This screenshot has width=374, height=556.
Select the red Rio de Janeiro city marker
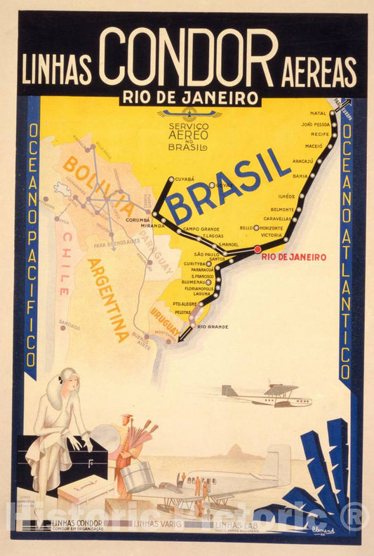coord(258,249)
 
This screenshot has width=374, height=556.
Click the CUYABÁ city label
coord(184,179)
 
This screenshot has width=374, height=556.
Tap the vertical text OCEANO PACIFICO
coord(32,238)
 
